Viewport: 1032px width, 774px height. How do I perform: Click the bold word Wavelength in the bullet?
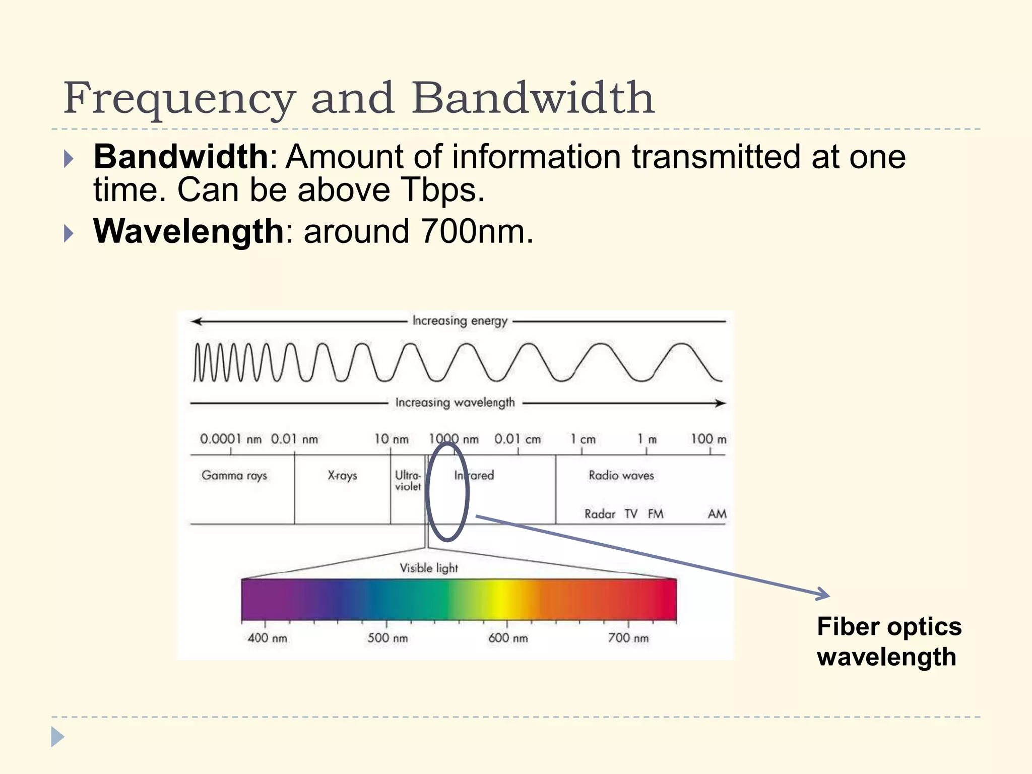click(x=189, y=231)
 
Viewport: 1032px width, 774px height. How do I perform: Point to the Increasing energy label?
click(x=460, y=321)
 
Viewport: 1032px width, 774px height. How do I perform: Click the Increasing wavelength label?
click(x=455, y=403)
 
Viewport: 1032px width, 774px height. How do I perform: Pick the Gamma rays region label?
click(x=234, y=475)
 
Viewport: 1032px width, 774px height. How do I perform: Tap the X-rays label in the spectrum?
click(x=342, y=475)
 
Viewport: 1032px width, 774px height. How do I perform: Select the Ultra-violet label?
click(x=408, y=481)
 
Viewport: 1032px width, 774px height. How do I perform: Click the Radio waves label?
click(x=621, y=475)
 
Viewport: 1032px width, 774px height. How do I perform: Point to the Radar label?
click(x=600, y=514)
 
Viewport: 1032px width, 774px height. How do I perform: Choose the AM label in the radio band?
click(x=717, y=514)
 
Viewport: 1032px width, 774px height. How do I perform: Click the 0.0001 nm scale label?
click(x=231, y=439)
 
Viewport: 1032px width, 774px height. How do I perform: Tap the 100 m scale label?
click(x=708, y=439)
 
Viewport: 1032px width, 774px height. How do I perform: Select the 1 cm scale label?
click(x=583, y=439)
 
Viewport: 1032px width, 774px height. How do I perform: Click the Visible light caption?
click(x=429, y=568)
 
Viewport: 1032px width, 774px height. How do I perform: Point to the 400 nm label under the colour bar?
click(x=267, y=638)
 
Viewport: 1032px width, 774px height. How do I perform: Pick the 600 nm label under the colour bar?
click(x=508, y=638)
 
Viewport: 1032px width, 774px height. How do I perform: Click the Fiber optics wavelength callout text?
click(x=889, y=641)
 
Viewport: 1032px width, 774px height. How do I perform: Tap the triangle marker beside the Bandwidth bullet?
click(x=69, y=159)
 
